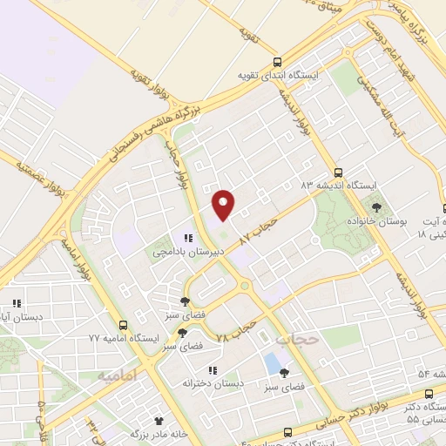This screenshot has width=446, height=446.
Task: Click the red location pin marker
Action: [224, 205]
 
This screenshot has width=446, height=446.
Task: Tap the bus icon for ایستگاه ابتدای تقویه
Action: [277, 62]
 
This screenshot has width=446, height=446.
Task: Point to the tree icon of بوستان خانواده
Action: [376, 207]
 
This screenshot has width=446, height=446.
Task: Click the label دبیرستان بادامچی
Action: [189, 252]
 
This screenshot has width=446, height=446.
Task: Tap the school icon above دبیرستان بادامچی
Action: [187, 238]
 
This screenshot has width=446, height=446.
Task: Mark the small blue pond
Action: [273, 361]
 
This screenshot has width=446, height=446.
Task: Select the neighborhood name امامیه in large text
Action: [118, 375]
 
